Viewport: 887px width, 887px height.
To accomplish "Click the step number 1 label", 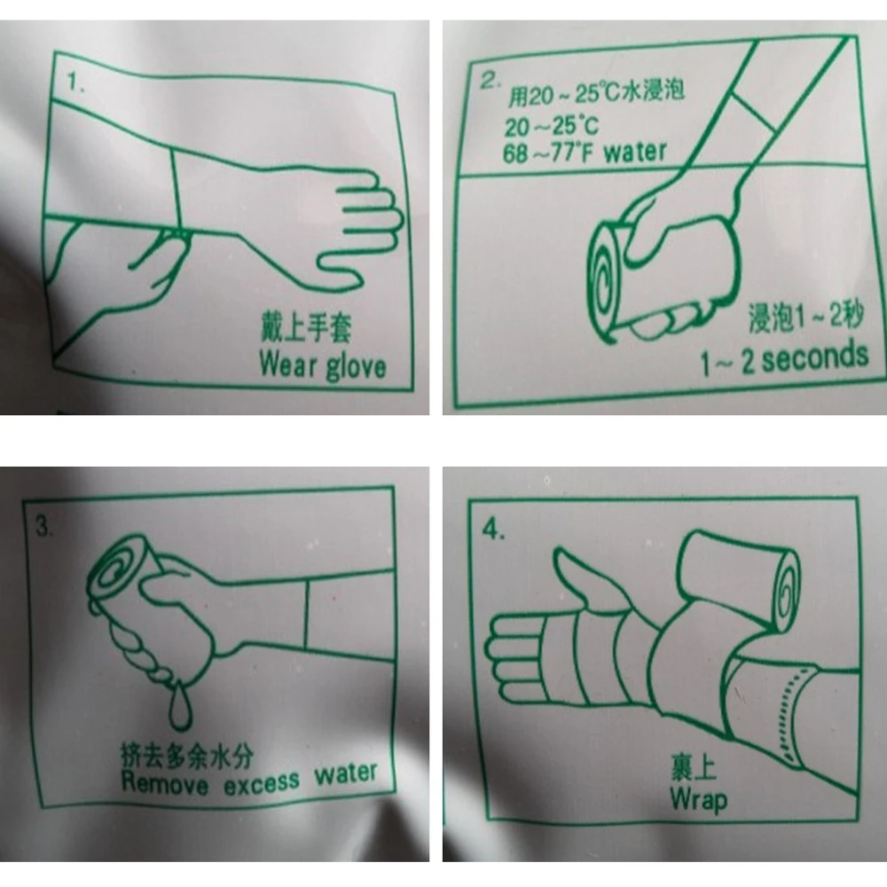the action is click(75, 82).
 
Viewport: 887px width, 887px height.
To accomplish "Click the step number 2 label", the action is click(491, 81).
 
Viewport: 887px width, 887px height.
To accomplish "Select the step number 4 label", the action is click(493, 530).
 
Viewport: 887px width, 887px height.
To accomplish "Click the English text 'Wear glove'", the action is click(323, 365).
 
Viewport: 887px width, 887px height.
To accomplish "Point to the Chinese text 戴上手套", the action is click(305, 327).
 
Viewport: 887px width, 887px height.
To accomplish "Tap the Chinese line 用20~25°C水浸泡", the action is click(596, 93).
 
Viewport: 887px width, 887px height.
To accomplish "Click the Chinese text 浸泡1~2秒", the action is click(806, 317).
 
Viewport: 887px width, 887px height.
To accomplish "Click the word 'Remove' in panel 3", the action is click(165, 783).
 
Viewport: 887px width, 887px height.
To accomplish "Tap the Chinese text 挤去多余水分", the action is click(186, 755).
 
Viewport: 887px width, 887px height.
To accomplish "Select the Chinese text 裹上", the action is click(694, 766).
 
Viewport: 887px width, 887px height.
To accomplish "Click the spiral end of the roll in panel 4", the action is click(785, 590).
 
